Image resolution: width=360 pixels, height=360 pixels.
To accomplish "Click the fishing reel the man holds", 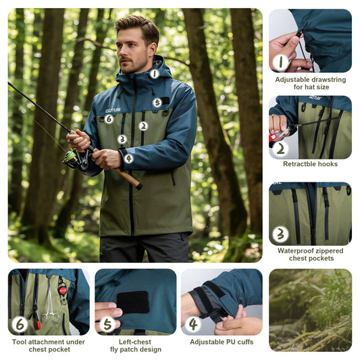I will tap(74, 159).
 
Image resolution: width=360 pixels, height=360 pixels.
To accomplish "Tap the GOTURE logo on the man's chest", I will tap(113, 110).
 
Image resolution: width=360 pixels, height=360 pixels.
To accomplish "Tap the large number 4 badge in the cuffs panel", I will tap(193, 324).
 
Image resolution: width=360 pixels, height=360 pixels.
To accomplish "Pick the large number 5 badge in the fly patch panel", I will tap(107, 324).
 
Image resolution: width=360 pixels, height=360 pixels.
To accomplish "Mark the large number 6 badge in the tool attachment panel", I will tap(20, 324).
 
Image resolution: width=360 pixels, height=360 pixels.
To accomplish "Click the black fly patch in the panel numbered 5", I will tap(132, 302).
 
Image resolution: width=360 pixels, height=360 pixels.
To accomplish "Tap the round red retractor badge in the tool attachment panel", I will tap(62, 290).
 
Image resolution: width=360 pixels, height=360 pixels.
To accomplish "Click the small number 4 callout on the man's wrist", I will tap(128, 159).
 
